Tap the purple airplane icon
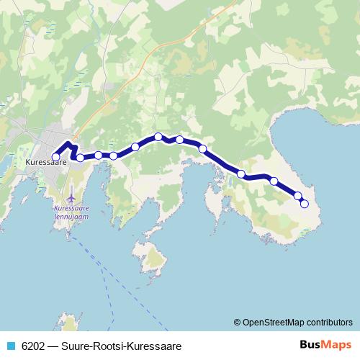[x=71, y=196]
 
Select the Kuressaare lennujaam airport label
[x=71, y=212]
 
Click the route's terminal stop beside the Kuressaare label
[x=56, y=157]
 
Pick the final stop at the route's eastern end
[x=304, y=204]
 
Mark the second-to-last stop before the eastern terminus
[x=297, y=195]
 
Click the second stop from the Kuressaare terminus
[x=81, y=157]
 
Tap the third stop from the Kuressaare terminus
[x=98, y=155]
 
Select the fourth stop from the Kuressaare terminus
[x=114, y=156]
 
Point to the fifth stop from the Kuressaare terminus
[x=135, y=147]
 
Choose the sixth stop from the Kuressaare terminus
[x=158, y=137]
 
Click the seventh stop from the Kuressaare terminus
[x=179, y=140]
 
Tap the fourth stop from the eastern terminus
[x=241, y=174]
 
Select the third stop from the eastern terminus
[x=274, y=181]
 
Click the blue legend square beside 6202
[x=10, y=346]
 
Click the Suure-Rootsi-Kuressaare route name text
[x=120, y=346]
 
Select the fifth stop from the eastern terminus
[x=203, y=149]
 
